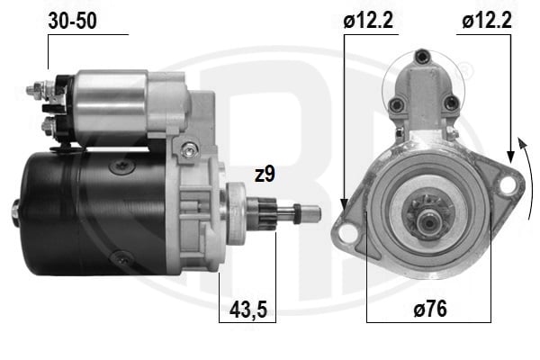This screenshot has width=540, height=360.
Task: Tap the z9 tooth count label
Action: (x=264, y=175)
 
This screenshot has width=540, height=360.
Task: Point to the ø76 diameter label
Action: (x=430, y=308)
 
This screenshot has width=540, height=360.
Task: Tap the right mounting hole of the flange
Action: (x=507, y=184)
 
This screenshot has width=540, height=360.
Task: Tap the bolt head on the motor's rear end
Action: (x=16, y=213)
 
